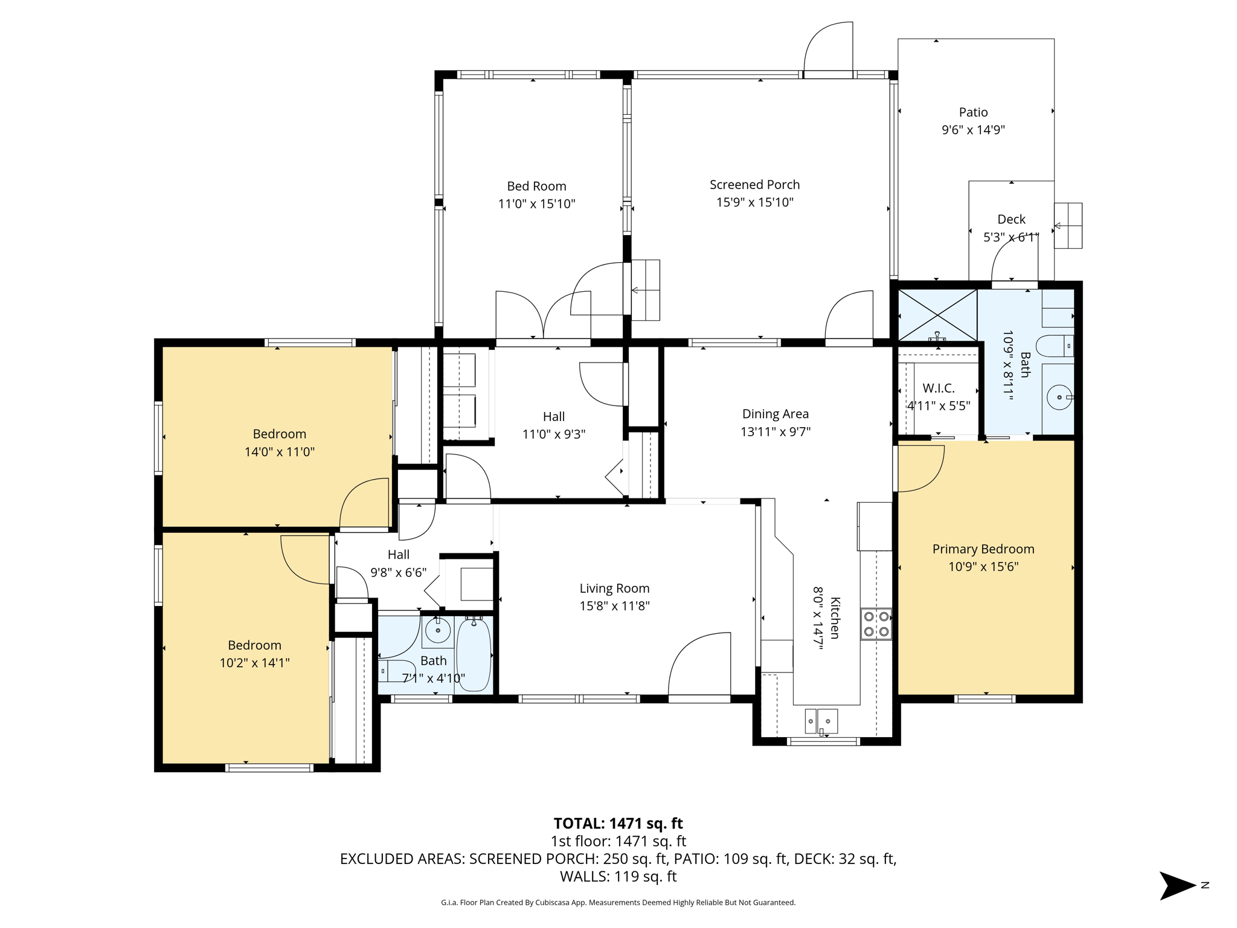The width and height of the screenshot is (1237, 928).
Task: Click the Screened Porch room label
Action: coord(754,185)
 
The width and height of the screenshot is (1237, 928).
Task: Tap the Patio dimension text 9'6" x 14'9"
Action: coord(973,130)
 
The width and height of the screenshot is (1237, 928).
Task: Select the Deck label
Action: coord(1011,219)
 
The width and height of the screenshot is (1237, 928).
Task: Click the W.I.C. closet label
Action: coord(939,388)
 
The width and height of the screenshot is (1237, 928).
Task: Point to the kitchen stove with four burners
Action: coord(876,624)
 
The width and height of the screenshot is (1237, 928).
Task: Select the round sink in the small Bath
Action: coord(437,631)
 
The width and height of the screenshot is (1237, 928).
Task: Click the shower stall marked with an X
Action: coord(937,315)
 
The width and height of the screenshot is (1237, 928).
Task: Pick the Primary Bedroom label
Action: coord(983,549)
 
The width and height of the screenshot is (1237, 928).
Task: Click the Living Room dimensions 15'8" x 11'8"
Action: coord(614,606)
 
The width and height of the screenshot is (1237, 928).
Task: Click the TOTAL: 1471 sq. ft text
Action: coord(618,823)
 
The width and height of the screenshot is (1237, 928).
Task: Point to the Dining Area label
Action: coord(775,414)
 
